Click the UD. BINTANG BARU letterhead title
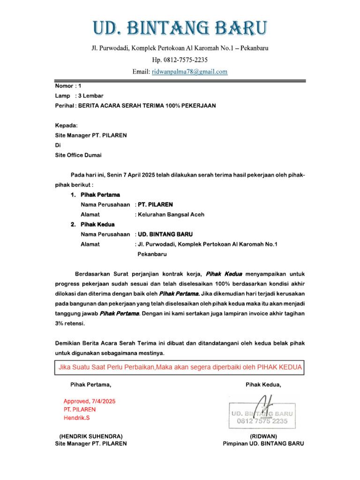(180, 29)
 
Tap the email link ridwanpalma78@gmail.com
(189, 72)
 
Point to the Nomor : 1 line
(68, 86)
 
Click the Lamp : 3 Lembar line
(79, 96)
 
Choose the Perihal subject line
(135, 106)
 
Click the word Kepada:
(67, 126)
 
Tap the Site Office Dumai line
(78, 155)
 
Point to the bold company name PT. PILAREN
(156, 204)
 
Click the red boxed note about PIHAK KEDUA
(180, 367)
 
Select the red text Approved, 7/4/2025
(90, 401)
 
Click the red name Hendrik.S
(77, 417)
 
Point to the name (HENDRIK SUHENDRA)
(91, 436)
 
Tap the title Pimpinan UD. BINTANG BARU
(263, 443)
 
